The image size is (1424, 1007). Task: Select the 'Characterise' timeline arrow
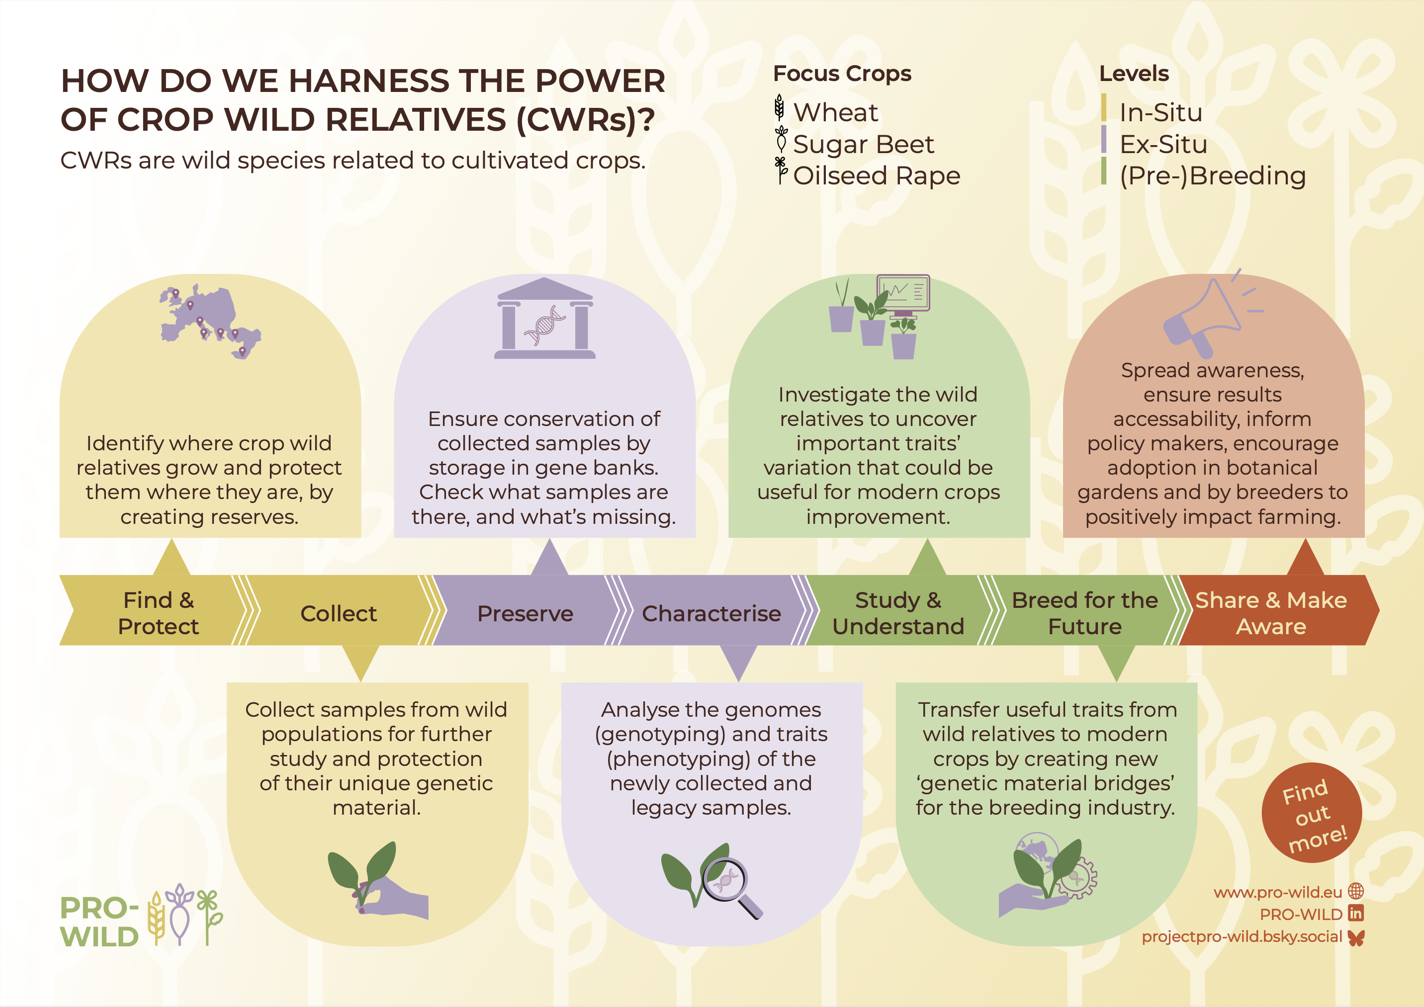(x=712, y=613)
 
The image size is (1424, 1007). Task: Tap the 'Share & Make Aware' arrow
(x=1274, y=613)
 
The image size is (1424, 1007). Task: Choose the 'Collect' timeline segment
(x=339, y=613)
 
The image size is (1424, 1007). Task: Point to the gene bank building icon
(x=544, y=318)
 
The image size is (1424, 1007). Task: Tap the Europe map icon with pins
(x=210, y=321)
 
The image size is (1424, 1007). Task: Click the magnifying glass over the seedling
(x=729, y=885)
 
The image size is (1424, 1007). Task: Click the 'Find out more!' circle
(x=1312, y=812)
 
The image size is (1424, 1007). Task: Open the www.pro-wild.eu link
(x=1278, y=892)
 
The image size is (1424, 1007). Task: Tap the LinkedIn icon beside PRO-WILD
(x=1356, y=914)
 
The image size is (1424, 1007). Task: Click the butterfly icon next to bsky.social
(x=1356, y=937)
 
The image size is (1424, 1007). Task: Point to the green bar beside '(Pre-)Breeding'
(x=1104, y=170)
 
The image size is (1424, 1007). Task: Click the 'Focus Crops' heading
(x=842, y=74)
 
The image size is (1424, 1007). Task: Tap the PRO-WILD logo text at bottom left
(x=99, y=922)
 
